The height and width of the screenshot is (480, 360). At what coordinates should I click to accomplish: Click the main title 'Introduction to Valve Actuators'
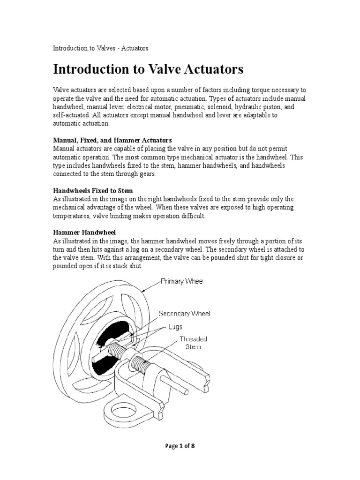148,69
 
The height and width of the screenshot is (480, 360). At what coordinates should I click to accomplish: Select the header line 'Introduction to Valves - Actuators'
101,48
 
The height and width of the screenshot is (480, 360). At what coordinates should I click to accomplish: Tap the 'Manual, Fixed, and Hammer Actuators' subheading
112,140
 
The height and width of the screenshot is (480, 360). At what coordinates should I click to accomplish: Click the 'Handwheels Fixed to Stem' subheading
93,191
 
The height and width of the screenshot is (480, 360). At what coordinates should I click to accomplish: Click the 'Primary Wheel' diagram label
182,281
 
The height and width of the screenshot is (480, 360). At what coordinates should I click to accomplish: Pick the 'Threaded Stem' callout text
193,343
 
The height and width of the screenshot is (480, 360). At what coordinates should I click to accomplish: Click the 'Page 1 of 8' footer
180,446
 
